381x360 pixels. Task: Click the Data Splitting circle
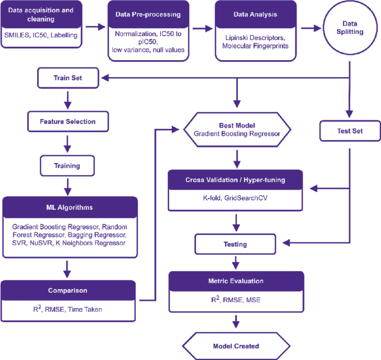[349, 28]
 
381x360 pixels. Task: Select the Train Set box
[68, 78]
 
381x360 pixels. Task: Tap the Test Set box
[350, 131]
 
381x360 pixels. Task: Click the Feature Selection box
[68, 121]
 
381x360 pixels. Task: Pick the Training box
[67, 165]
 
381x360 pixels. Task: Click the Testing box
[236, 244]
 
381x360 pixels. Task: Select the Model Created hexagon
[236, 346]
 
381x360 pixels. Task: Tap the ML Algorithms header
[70, 207]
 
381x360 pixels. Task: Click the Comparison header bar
[68, 290]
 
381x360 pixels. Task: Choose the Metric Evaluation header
[236, 281]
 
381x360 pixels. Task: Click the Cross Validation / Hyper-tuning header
[236, 180]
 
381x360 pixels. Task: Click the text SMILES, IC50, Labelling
[41, 34]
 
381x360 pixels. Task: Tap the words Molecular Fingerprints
[255, 45]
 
